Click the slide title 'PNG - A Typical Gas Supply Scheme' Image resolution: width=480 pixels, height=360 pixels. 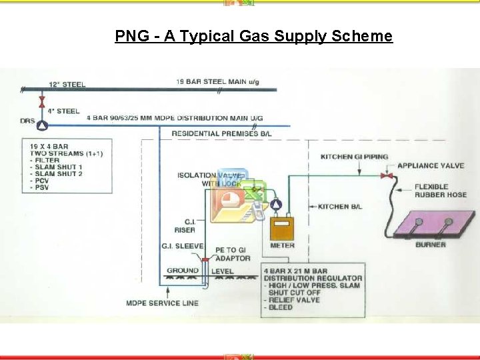point(253,36)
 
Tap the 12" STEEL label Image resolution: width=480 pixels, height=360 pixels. point(67,85)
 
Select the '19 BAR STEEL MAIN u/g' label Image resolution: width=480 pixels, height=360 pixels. point(218,82)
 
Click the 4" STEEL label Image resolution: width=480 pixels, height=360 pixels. point(63,111)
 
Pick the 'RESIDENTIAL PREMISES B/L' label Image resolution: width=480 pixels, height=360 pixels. point(221,133)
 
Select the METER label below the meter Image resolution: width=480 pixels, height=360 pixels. point(283,245)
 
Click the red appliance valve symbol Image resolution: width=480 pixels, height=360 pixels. point(385,176)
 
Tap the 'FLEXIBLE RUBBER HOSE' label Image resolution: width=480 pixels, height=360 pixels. point(441,191)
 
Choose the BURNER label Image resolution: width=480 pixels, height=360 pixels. point(431,245)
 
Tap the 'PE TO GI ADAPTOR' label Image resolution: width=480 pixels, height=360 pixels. point(233,254)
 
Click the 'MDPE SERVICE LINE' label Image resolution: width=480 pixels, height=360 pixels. point(162,303)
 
